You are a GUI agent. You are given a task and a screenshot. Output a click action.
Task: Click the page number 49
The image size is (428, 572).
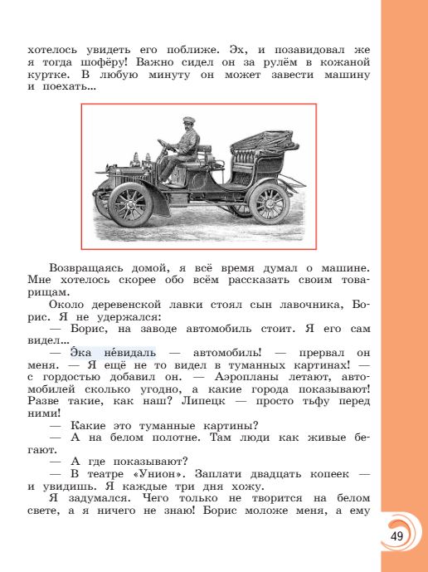pos(396,535)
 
